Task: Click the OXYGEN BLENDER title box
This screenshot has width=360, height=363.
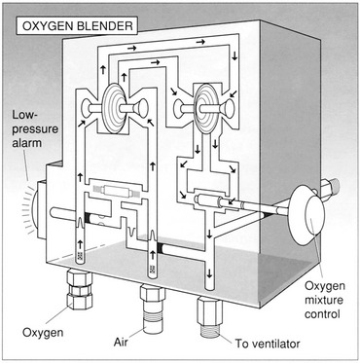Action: click(x=77, y=26)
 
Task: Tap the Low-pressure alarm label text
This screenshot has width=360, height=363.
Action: click(x=35, y=128)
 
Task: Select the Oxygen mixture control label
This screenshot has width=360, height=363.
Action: click(x=324, y=300)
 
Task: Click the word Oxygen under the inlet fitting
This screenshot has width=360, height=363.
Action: click(x=43, y=332)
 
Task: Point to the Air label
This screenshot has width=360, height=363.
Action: click(x=122, y=343)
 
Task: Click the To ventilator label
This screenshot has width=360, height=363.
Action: click(x=268, y=344)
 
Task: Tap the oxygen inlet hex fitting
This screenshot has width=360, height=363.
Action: click(x=79, y=289)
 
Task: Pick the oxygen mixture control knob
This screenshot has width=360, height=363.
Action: click(x=308, y=215)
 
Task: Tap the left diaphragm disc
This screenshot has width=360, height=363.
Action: click(x=114, y=108)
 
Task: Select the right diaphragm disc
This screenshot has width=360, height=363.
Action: click(x=205, y=109)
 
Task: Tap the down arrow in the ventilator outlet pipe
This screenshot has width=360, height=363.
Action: click(x=209, y=273)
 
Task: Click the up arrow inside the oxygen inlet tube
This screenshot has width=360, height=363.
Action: click(x=80, y=244)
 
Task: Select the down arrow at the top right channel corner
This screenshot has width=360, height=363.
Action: click(x=234, y=55)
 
